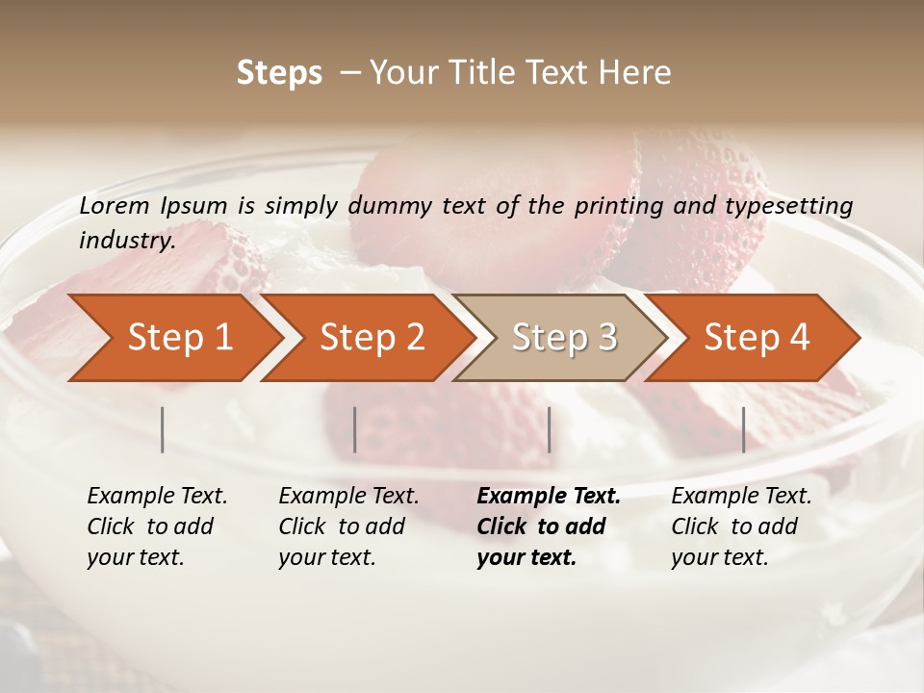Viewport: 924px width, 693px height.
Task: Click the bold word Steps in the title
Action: tap(279, 73)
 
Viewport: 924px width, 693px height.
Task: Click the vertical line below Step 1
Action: tap(163, 429)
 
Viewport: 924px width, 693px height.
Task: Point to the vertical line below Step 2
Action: tap(355, 429)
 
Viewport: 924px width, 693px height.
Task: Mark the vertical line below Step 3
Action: tap(549, 429)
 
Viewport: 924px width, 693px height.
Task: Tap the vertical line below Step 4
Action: tap(743, 429)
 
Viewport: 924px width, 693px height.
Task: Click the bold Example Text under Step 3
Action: tap(549, 497)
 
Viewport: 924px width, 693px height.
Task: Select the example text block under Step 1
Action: tap(157, 526)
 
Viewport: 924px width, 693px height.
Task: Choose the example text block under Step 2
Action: tap(348, 526)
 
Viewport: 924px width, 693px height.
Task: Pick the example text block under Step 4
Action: tap(741, 526)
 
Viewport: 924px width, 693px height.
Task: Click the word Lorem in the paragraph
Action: tap(115, 206)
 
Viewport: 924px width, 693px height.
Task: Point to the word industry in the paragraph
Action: tap(126, 241)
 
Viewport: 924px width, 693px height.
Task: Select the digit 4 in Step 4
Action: tap(799, 338)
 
